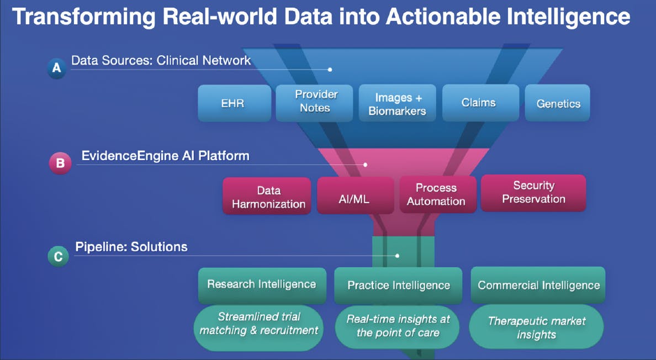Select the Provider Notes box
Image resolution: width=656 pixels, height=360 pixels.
tap(314, 102)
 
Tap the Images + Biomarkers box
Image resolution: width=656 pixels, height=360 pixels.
tap(398, 104)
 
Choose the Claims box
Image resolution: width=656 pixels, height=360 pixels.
tap(478, 102)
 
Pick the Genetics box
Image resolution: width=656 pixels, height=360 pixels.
tap(558, 103)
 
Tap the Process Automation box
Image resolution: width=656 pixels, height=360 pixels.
tap(437, 195)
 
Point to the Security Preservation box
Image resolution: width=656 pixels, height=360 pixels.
tap(533, 193)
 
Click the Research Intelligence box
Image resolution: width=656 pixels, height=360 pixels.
tap(261, 284)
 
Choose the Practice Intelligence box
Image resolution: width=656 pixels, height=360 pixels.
tap(398, 285)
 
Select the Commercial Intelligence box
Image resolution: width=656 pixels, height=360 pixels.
tap(538, 285)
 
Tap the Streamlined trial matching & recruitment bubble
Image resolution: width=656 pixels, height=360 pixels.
tap(259, 324)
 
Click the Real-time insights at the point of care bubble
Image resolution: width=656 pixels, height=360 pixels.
tap(398, 326)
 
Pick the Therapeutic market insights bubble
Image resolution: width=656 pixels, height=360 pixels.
tap(536, 327)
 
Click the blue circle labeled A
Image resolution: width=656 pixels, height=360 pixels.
tap(56, 68)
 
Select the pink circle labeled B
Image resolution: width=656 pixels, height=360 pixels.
tap(60, 163)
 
